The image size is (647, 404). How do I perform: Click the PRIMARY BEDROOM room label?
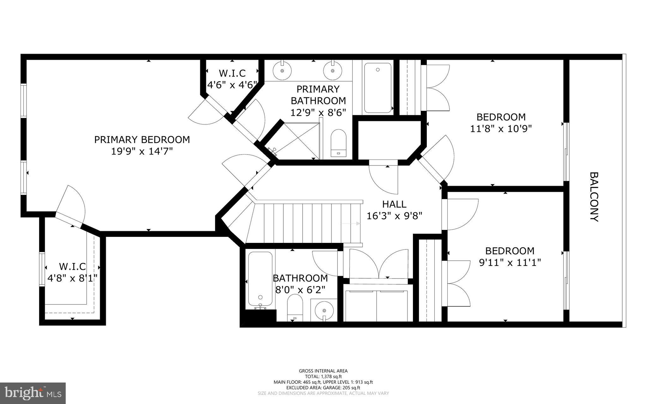coord(142,139)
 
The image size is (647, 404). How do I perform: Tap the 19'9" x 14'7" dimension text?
coord(142,151)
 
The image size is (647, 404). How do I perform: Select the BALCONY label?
coord(594,197)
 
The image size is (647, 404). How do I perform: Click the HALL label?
coord(394,204)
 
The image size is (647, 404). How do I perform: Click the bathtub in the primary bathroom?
coord(378,88)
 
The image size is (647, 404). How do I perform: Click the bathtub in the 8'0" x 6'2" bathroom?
coord(260,279)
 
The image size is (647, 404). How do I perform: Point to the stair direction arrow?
coord(351,224)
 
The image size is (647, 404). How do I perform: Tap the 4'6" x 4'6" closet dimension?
coord(232,85)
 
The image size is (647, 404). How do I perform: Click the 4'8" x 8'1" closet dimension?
coord(72,278)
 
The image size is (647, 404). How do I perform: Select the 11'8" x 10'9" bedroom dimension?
coord(501,129)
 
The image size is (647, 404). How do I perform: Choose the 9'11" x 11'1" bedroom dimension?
coord(510,262)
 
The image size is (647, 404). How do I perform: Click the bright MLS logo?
coord(33,393)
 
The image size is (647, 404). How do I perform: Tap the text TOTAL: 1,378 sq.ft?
coord(323,377)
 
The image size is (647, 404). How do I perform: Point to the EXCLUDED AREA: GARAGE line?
coord(323,388)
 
